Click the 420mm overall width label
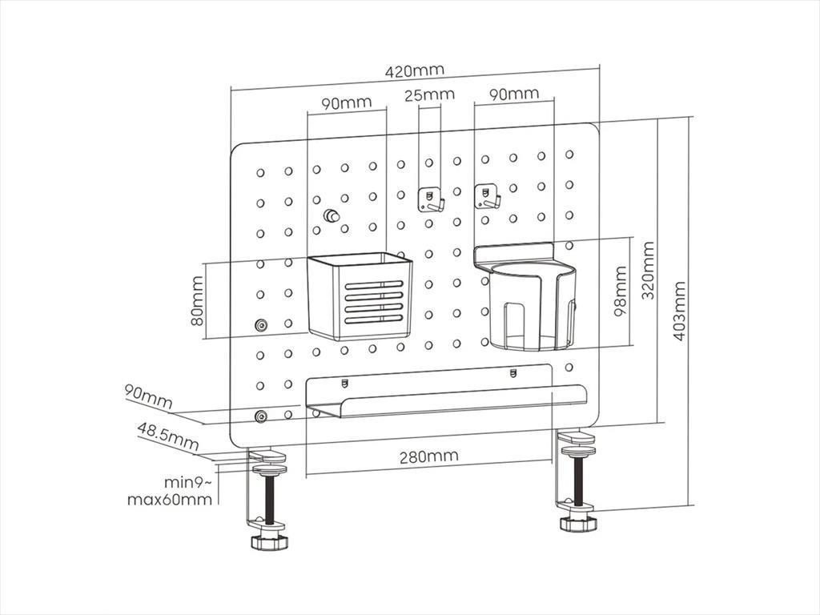414,70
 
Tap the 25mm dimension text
429,95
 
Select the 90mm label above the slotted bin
347,103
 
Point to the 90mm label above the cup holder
514,94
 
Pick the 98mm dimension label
621,292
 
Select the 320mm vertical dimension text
648,270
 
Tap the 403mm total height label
679,311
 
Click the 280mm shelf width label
429,456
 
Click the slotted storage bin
360,295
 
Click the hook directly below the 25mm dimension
431,199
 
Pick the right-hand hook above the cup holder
486,196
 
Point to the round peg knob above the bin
331,216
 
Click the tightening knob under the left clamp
267,541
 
